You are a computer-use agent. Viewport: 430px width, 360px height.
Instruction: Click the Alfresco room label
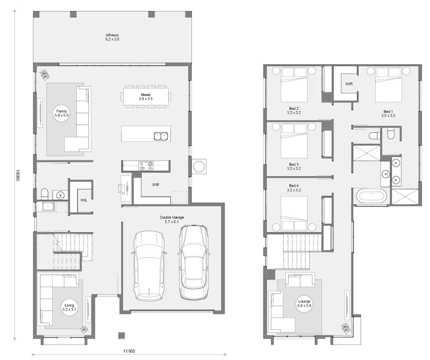(112, 37)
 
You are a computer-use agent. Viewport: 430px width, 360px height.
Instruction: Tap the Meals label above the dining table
(146, 96)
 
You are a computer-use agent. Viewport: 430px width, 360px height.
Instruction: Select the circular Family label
(62, 114)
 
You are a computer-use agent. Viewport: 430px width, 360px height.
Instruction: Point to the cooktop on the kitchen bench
(145, 165)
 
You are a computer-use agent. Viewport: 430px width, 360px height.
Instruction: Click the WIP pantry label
(156, 185)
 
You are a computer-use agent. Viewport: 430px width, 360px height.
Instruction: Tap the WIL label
(83, 199)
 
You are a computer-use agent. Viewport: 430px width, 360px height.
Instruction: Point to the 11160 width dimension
(129, 351)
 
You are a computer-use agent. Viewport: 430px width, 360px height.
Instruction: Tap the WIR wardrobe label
(349, 84)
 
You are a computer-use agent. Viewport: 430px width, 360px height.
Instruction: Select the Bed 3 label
(293, 166)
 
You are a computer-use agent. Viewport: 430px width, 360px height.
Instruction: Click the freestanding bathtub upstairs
(371, 196)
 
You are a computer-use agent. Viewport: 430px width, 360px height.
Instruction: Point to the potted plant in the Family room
(45, 75)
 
